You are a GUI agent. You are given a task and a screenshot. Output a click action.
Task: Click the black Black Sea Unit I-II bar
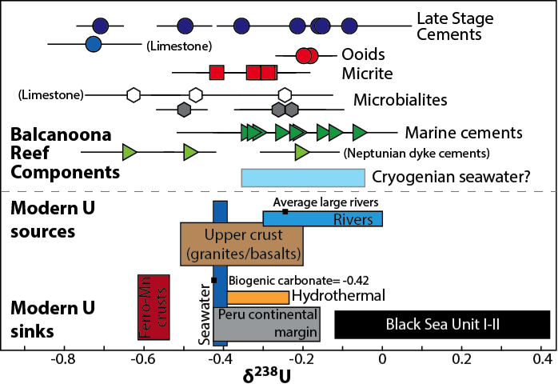[x=441, y=324]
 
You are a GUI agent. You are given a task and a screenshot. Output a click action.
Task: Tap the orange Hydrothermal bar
[x=257, y=297]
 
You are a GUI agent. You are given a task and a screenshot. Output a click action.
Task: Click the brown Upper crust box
[x=241, y=244]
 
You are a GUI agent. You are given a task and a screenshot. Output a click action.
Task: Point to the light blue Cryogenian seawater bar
[x=303, y=178]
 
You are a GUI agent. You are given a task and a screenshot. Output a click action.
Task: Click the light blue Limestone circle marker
[x=93, y=44]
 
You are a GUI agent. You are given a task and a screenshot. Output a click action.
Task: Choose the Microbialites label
[x=400, y=100]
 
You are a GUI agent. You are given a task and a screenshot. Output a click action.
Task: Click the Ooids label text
[x=363, y=55]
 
